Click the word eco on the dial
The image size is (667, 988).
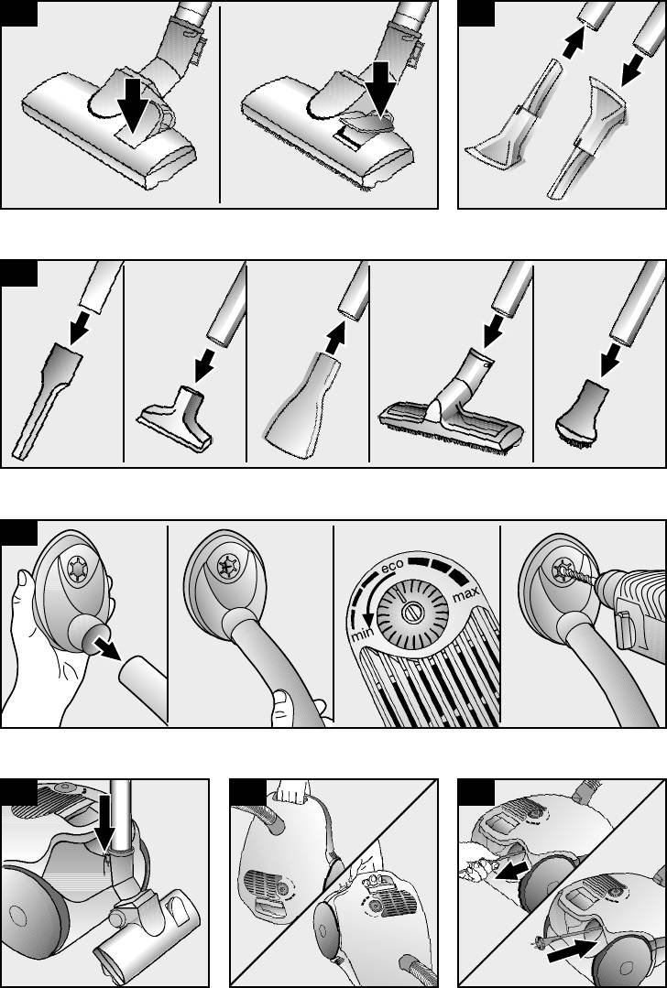click(390, 568)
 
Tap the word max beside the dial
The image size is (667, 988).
click(465, 592)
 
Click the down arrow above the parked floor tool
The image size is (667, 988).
click(104, 813)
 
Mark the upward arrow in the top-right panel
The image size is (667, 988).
click(574, 43)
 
